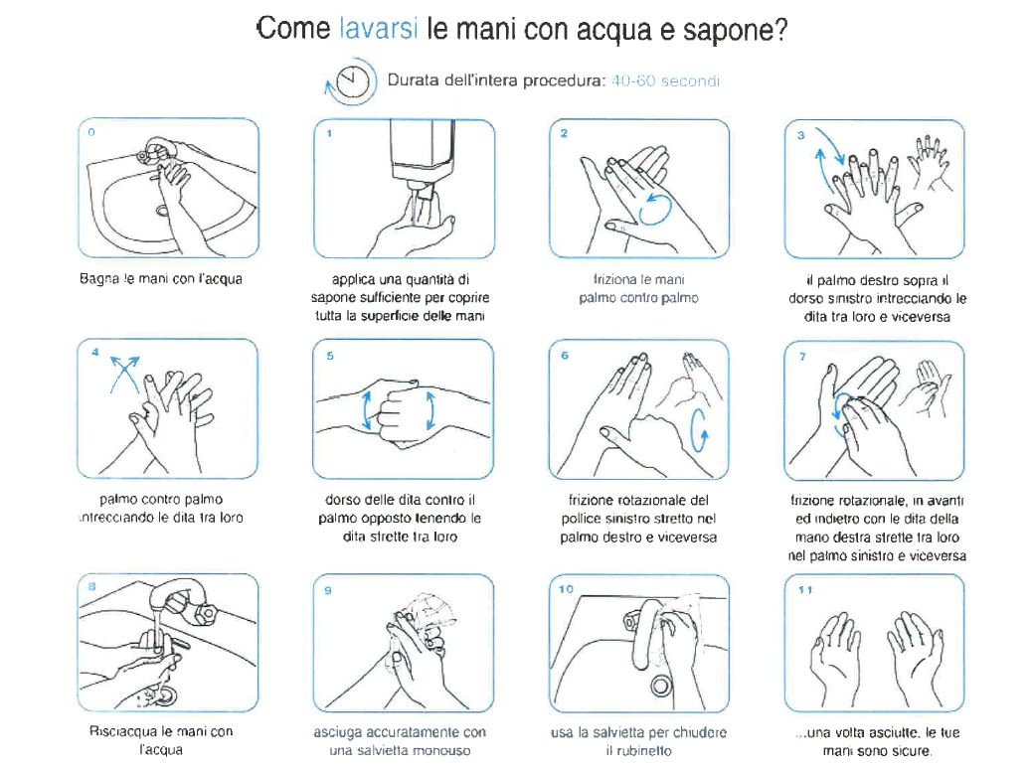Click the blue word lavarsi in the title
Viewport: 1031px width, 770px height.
tap(379, 29)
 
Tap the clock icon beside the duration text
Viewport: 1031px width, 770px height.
tap(353, 80)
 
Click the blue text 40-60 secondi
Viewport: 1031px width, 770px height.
tap(665, 80)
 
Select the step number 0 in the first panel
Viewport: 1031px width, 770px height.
tap(91, 132)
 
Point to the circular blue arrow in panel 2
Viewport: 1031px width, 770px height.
tap(655, 210)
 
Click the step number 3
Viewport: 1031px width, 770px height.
tap(801, 135)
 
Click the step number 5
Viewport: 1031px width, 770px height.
tap(330, 356)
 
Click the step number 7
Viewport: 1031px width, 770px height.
tap(802, 356)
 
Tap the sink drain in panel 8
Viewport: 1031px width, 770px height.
tap(167, 693)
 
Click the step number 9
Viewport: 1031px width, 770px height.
tap(328, 590)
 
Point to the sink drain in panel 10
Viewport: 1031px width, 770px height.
tap(660, 686)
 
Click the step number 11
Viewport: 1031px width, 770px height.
tap(804, 590)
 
